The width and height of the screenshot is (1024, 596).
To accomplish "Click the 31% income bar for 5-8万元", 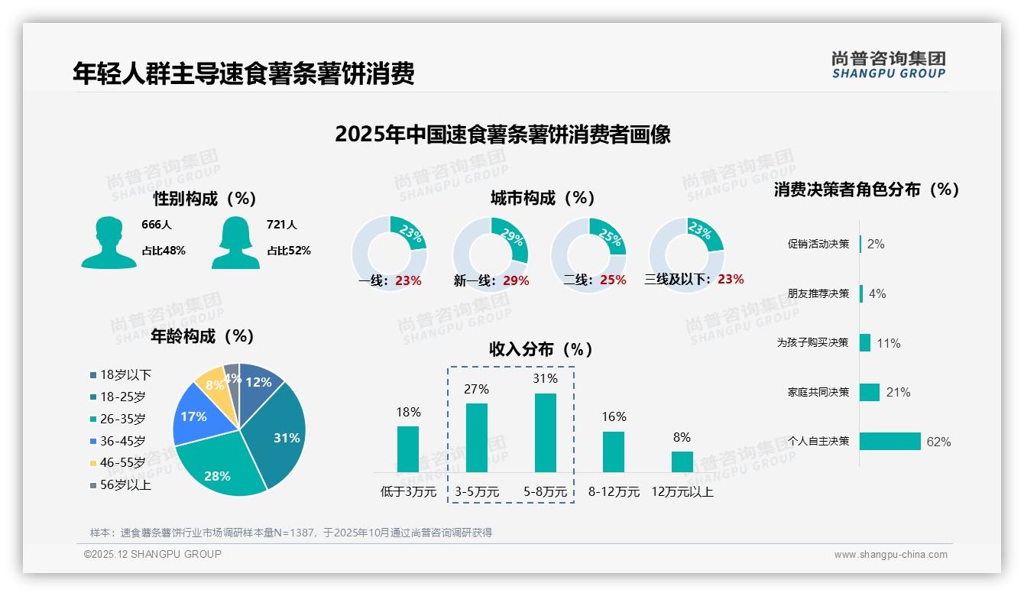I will pos(545,432).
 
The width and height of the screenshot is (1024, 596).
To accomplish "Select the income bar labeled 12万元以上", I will pos(682,462).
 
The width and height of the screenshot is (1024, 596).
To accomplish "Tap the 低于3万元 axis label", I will pos(408,492).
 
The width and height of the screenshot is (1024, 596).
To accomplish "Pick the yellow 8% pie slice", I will pos(212,384).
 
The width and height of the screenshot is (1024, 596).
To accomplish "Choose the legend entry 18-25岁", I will pos(122,397).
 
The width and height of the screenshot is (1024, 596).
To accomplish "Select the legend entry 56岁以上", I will pos(125,485).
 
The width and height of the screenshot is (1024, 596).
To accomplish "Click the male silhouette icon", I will pos(109,243).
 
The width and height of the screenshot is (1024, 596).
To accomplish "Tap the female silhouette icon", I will pos(235,243).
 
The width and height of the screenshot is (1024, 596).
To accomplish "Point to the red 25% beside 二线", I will pos(613,280).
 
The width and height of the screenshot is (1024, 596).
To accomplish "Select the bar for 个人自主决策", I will pos(890,441).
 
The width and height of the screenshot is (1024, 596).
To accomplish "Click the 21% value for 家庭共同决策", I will pos(898,392).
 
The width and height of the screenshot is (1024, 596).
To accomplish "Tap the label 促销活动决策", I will pos(818,244).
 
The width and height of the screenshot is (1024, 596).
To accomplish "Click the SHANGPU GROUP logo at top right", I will pos(888,65).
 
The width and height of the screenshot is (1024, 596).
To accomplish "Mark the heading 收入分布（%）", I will pos(541,349).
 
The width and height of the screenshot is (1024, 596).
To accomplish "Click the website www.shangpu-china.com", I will pos(890,555).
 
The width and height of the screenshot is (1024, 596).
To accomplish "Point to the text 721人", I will pos(281,225).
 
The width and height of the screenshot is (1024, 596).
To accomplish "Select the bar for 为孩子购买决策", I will pos(865,342).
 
